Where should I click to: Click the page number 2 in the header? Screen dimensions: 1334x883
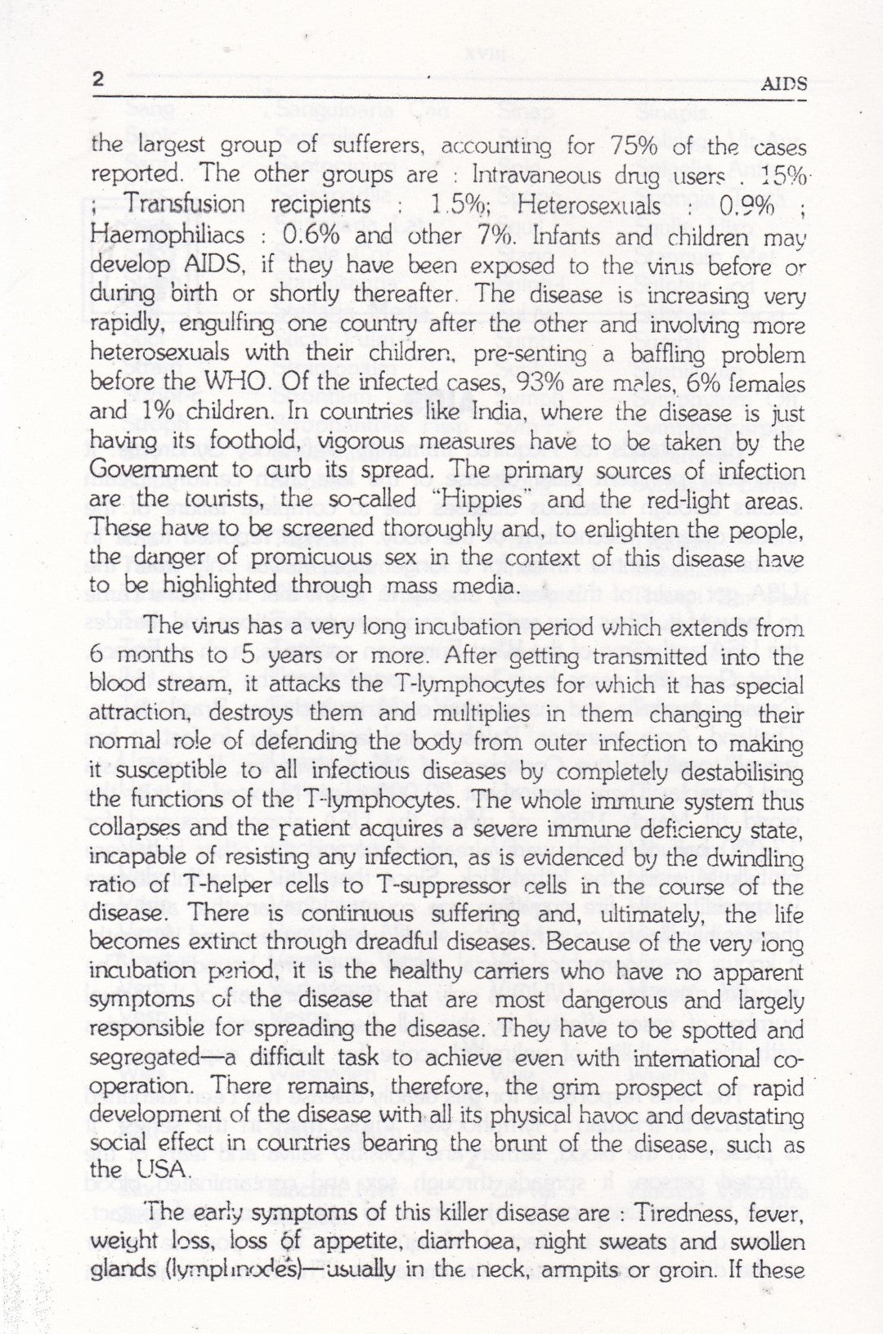pyautogui.click(x=97, y=80)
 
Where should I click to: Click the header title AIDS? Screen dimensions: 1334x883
pyautogui.click(x=783, y=83)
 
